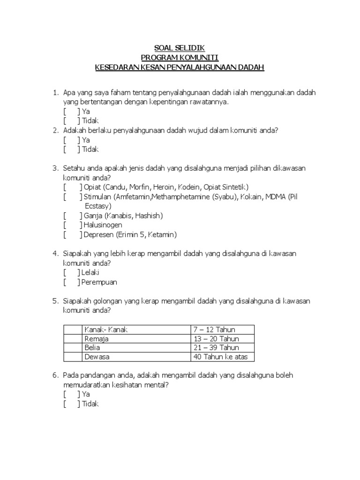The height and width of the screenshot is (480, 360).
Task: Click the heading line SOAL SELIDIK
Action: (x=180, y=48)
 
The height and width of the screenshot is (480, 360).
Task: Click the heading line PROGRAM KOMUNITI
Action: (x=180, y=58)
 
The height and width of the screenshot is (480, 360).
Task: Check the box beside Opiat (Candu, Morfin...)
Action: (x=73, y=187)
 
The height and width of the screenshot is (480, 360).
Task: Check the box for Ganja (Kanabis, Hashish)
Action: (x=73, y=216)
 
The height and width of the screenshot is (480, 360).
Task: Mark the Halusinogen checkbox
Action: (x=73, y=225)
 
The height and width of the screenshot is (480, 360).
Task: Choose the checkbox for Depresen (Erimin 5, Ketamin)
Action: (x=73, y=234)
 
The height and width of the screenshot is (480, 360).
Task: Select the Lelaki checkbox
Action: (x=73, y=272)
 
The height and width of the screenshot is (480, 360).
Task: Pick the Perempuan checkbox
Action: (x=73, y=282)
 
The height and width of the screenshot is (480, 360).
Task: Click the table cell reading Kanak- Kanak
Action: (x=106, y=330)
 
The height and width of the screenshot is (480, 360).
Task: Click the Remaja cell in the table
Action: (x=96, y=338)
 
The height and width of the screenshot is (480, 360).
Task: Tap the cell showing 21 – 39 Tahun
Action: (x=216, y=347)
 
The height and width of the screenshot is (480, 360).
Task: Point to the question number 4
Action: (x=55, y=254)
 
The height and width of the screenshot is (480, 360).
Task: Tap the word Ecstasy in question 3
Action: (x=97, y=206)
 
